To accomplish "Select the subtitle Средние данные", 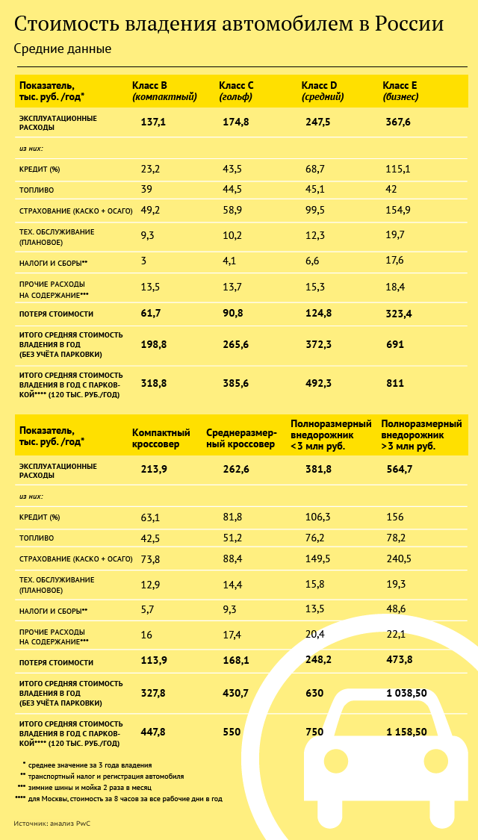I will (x=62, y=49).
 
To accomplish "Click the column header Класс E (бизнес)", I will (x=400, y=90).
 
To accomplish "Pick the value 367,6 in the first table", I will (x=398, y=122).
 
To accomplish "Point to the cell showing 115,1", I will (x=398, y=169).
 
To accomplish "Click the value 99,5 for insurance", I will (x=315, y=211).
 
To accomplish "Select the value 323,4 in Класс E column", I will (x=398, y=313).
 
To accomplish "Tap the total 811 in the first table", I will (x=395, y=383).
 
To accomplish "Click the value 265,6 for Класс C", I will (x=236, y=344).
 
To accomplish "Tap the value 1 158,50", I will (x=406, y=732).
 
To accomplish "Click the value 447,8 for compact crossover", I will (x=153, y=732).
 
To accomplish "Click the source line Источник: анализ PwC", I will (x=56, y=824).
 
